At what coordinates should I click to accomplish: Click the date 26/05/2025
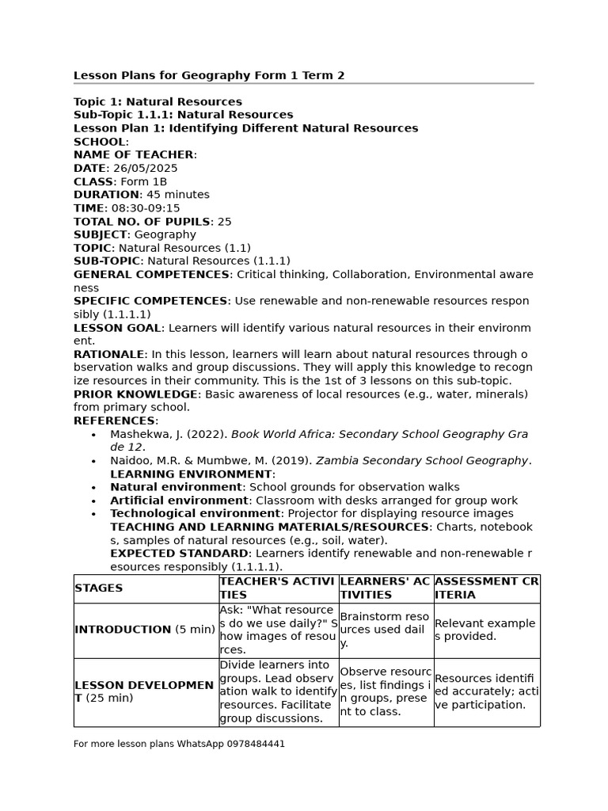coord(145,169)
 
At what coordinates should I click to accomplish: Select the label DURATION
coord(106,195)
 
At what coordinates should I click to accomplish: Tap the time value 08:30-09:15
coord(146,208)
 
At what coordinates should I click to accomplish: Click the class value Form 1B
coord(143,182)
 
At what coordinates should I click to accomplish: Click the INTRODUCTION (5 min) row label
coord(144,630)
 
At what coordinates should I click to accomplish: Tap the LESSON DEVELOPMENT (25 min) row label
coord(143,691)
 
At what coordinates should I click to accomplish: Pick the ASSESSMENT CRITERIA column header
coord(486,588)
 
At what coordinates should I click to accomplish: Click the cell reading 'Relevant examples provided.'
coord(484,630)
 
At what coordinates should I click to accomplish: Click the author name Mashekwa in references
coord(138,435)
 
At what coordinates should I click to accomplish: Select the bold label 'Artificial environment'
coord(179,501)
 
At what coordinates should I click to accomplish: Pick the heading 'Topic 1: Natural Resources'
coord(158,102)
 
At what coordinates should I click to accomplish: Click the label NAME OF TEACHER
coord(133,155)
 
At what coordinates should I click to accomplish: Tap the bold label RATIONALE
coord(109,355)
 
